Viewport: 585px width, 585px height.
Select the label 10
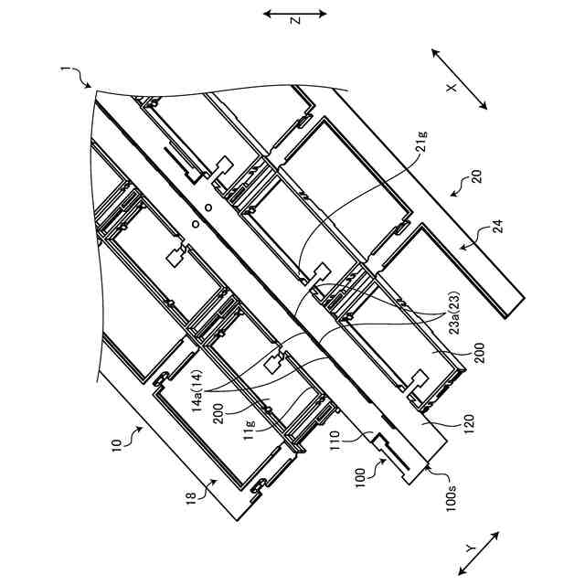pos(116,446)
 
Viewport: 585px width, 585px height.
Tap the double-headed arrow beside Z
pos(294,14)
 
